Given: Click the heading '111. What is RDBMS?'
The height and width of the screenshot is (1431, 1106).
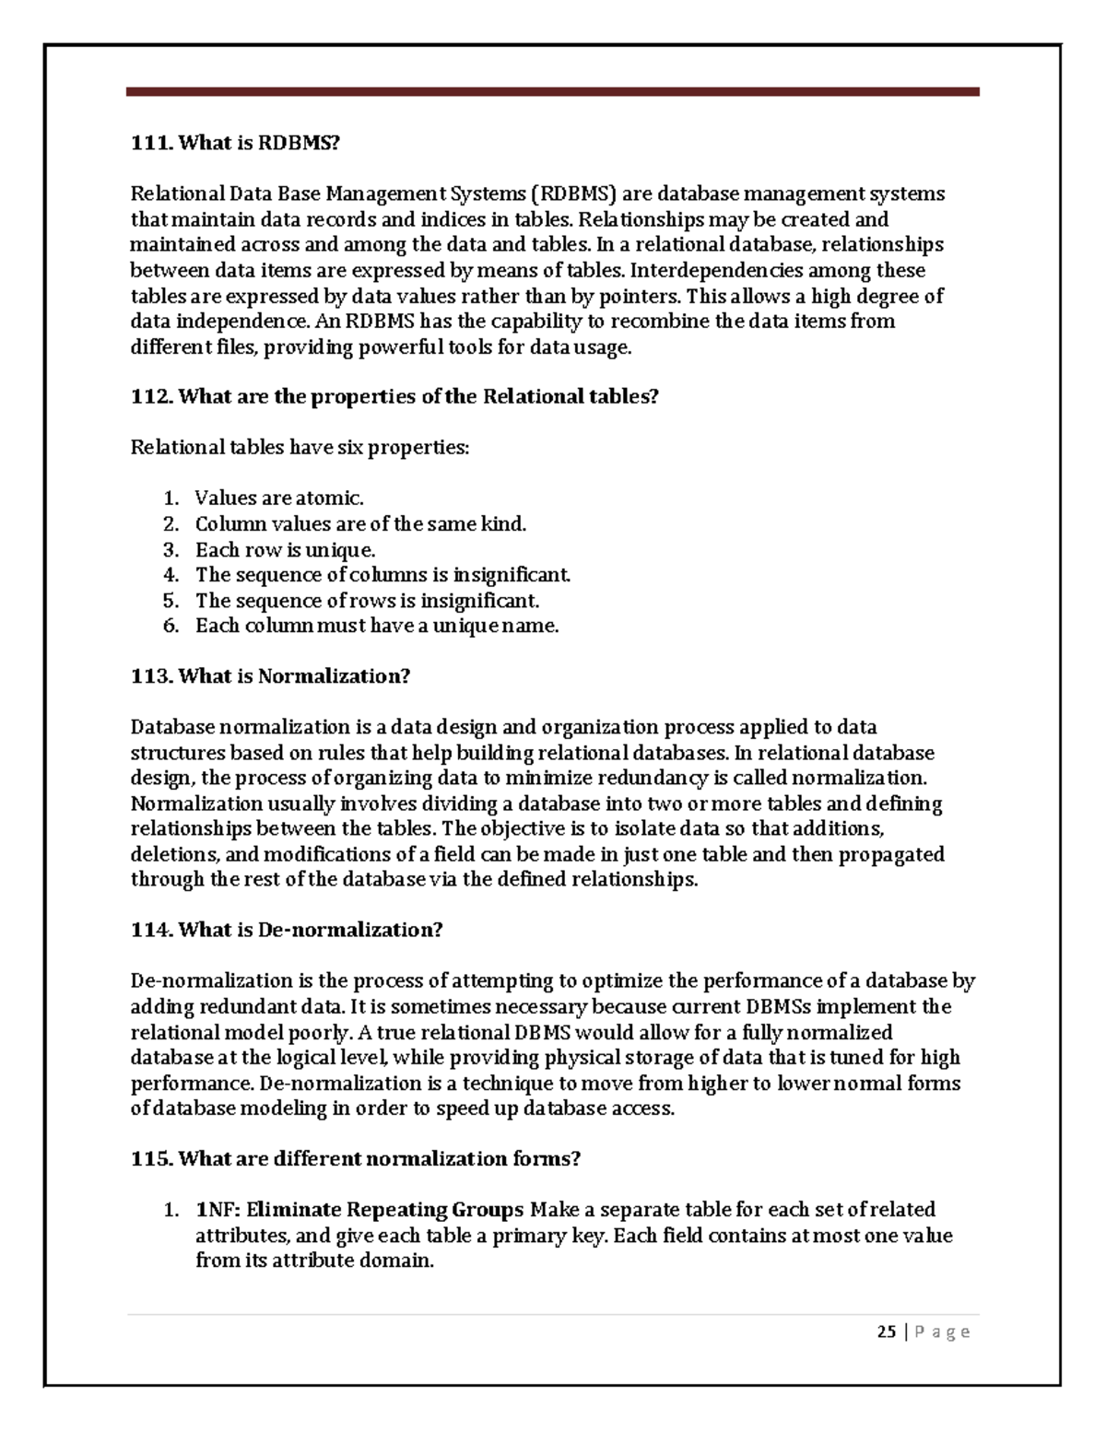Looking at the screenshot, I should (x=235, y=143).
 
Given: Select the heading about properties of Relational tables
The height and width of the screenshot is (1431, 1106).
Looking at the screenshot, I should (x=394, y=396).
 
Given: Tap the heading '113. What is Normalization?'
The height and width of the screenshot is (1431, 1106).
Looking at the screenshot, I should (x=270, y=676).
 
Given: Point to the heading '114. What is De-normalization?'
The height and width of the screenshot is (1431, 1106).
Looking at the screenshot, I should (x=287, y=930).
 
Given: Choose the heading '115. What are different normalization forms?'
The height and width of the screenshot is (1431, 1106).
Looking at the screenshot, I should (x=356, y=1158).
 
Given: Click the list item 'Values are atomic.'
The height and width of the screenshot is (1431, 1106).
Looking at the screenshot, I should (x=279, y=499).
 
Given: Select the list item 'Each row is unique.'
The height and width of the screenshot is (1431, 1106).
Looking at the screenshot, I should (x=285, y=550).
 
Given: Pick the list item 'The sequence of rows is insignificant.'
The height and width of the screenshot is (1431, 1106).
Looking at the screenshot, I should (x=367, y=601).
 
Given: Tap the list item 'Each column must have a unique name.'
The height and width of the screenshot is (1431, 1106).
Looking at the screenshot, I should (x=377, y=626).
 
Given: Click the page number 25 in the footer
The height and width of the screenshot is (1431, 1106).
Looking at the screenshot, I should (x=887, y=1331).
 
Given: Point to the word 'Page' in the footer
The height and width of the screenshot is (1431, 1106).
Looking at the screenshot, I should (x=942, y=1331).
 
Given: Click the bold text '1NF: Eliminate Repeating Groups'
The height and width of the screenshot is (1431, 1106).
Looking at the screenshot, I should (x=359, y=1209).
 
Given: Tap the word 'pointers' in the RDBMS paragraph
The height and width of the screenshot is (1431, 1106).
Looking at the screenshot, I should (x=640, y=296).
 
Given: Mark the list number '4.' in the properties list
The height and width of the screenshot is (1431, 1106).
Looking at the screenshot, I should (x=171, y=575).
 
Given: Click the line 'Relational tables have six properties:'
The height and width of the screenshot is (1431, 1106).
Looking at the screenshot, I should (x=300, y=448).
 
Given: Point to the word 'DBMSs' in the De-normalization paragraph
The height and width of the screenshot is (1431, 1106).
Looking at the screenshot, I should (x=783, y=1006).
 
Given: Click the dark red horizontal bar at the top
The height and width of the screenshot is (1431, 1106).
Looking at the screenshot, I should (x=552, y=92).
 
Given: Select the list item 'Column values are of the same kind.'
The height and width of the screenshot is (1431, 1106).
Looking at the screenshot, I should (x=360, y=524).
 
